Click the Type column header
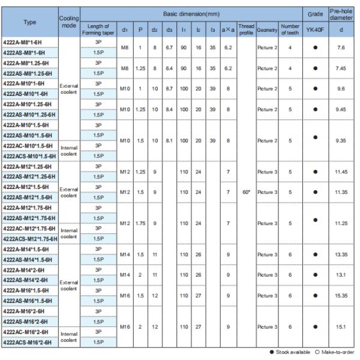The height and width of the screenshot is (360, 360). [29, 22]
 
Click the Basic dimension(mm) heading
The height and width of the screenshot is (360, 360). [189, 13]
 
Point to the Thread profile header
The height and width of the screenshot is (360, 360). [246, 28]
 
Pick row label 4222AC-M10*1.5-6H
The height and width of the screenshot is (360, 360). [28, 146]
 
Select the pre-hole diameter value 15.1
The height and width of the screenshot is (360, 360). [341, 326]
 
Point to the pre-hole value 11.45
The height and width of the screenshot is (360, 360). [341, 171]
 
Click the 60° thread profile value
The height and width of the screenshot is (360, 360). [246, 192]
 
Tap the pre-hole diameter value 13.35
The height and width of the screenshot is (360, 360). [341, 254]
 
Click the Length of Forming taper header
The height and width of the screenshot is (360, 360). [98, 28]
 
